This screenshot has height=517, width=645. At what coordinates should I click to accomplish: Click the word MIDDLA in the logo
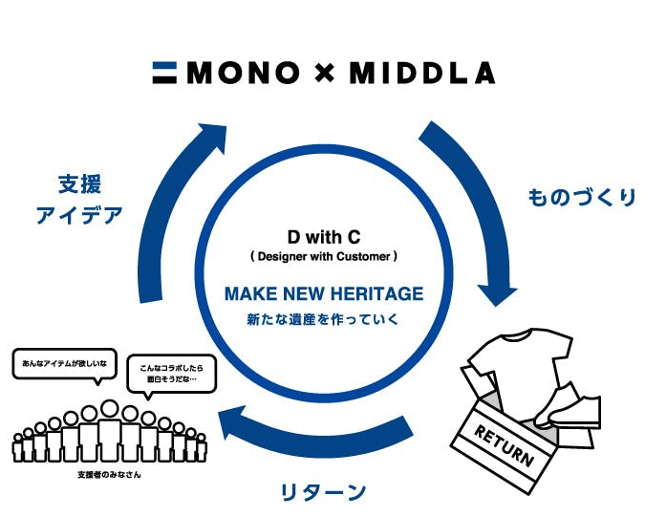421,73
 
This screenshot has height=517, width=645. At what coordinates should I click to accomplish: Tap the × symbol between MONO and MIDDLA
325,73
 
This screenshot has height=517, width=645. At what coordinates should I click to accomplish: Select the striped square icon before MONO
165,73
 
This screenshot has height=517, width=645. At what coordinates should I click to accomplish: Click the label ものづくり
581,198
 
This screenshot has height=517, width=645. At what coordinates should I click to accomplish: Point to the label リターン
322,493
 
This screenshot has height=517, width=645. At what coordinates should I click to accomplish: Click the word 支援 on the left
79,183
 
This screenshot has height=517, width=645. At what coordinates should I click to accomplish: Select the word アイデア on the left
79,215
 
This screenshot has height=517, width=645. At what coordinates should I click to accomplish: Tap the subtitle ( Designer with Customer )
324,256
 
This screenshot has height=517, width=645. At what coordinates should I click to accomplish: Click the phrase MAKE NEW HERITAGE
324,293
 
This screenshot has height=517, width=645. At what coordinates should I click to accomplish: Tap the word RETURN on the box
504,444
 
